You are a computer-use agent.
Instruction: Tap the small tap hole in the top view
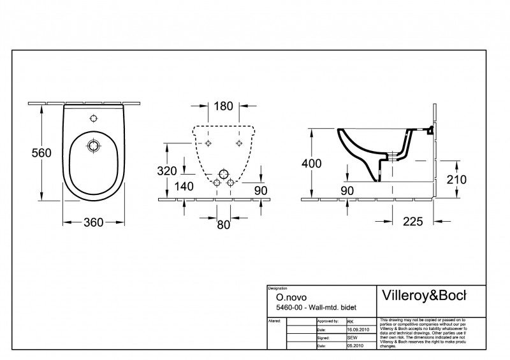pos(94,119)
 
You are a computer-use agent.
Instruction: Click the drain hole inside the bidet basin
pos(94,145)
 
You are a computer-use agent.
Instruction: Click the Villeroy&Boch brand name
pos(423,295)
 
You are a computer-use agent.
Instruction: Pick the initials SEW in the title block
pos(352,338)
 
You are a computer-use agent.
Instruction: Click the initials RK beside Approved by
pos(351,322)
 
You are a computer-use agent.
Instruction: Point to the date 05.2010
pos(356,345)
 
